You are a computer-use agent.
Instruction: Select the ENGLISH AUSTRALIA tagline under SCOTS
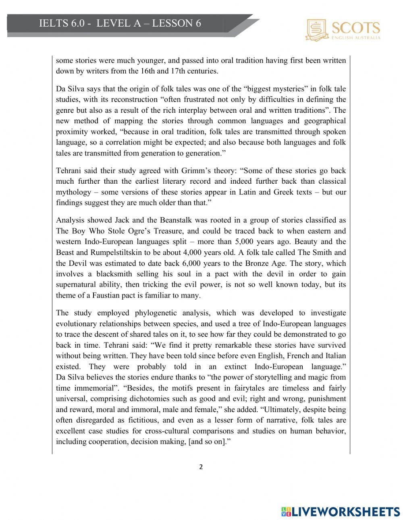click(355, 37)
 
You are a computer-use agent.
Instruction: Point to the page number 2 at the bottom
click(201, 467)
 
